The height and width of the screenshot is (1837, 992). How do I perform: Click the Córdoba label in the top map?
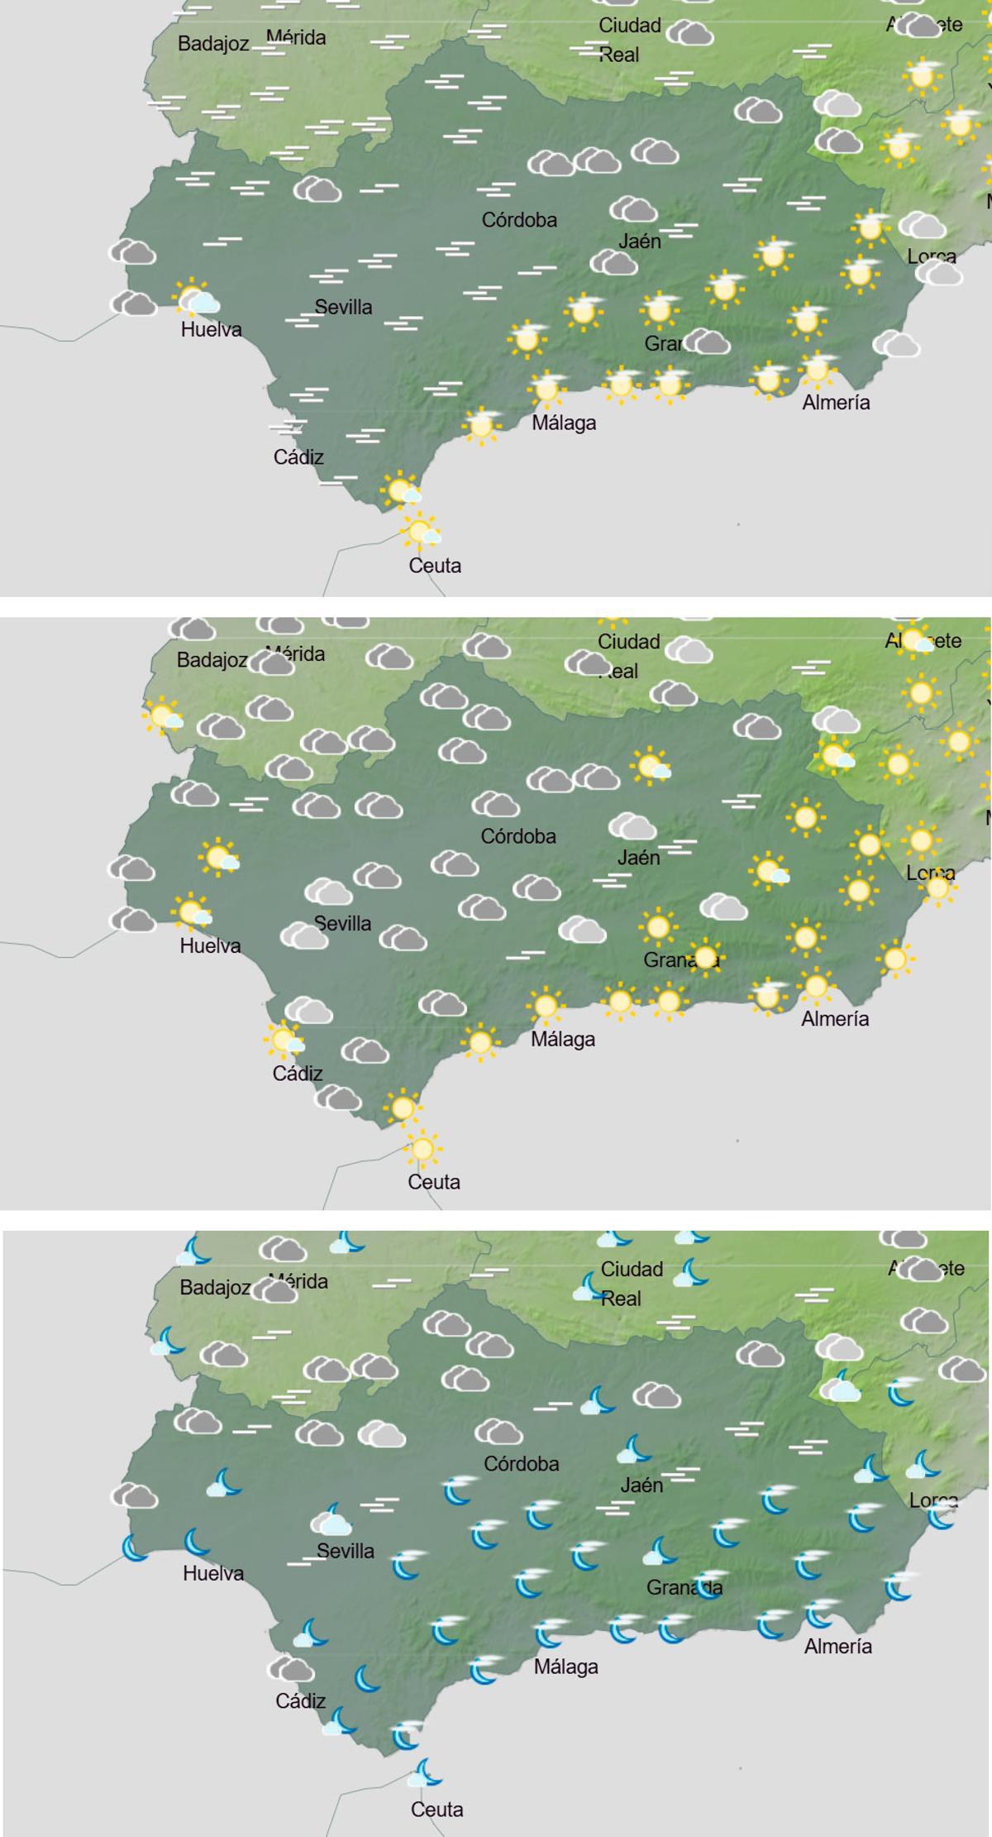[519, 220]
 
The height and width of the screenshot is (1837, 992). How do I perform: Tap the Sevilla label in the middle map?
[342, 923]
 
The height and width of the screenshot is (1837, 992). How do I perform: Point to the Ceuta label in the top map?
[435, 566]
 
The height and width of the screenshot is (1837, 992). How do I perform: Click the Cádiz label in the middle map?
[298, 1074]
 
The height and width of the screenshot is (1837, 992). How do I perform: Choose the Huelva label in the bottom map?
[213, 1573]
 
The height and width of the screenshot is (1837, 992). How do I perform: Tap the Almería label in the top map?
[836, 403]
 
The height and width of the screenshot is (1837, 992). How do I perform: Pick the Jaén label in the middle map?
[638, 858]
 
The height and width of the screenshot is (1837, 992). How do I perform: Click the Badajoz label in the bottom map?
[215, 1288]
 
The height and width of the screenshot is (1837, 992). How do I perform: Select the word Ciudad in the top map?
[630, 26]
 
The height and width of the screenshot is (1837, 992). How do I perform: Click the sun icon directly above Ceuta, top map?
[421, 530]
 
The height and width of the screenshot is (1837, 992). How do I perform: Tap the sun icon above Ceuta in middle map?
[422, 1149]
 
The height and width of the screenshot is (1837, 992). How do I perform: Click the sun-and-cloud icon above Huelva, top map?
[195, 297]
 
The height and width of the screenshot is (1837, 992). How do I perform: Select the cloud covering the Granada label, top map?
[707, 341]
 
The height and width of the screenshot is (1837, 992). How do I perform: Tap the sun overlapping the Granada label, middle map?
[706, 958]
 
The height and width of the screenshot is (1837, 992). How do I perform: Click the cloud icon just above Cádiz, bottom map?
[291, 1670]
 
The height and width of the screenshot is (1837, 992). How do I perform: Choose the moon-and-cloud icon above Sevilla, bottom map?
[332, 1520]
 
